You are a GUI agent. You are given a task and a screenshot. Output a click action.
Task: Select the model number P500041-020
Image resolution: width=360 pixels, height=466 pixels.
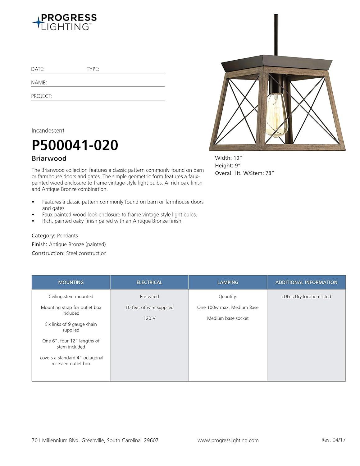coord(75,145)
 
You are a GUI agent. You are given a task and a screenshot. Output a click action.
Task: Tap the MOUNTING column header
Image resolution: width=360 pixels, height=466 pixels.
coord(71,282)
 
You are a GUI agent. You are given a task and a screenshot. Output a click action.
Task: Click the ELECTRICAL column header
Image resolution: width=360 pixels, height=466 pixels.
coord(149,282)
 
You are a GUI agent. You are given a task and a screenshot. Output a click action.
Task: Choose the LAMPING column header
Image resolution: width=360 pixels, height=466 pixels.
coord(228,282)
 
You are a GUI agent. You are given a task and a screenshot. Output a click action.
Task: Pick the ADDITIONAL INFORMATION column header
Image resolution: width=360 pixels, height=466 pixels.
coord(306,282)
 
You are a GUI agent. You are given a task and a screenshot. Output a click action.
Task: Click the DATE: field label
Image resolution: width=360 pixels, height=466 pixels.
coord(38,69)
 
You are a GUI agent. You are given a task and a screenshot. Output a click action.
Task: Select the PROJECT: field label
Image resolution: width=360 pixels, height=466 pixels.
coord(41,96)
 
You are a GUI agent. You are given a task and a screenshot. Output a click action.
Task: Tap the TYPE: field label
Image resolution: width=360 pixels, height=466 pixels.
coord(93,69)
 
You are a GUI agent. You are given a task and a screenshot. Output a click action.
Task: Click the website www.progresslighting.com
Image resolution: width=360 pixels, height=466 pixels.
coord(228,440)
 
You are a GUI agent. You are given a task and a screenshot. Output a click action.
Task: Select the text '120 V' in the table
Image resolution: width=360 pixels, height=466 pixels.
coord(149,318)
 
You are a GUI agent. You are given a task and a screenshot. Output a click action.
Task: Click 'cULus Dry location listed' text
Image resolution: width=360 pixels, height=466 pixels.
coord(306,297)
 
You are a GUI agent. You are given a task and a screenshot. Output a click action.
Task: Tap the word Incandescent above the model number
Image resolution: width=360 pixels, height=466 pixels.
coord(48,130)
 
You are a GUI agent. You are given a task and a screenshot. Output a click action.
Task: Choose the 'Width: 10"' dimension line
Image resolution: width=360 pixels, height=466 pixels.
coord(228,158)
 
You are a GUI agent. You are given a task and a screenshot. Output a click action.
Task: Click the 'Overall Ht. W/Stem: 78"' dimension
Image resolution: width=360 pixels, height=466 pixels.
coord(244,173)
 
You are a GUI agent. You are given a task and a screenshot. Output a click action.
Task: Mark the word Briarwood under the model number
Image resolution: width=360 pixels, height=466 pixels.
coord(49,158)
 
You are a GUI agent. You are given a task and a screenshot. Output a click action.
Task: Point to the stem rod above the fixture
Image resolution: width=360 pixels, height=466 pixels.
coord(276,34)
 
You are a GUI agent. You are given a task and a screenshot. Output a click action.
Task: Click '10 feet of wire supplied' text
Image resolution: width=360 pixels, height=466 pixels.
coord(149,307)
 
